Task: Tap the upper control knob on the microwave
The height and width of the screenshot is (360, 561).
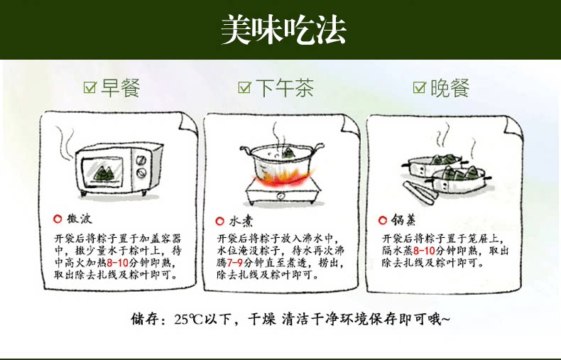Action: tap(141, 158)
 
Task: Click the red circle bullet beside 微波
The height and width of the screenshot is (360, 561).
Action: tap(58, 219)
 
